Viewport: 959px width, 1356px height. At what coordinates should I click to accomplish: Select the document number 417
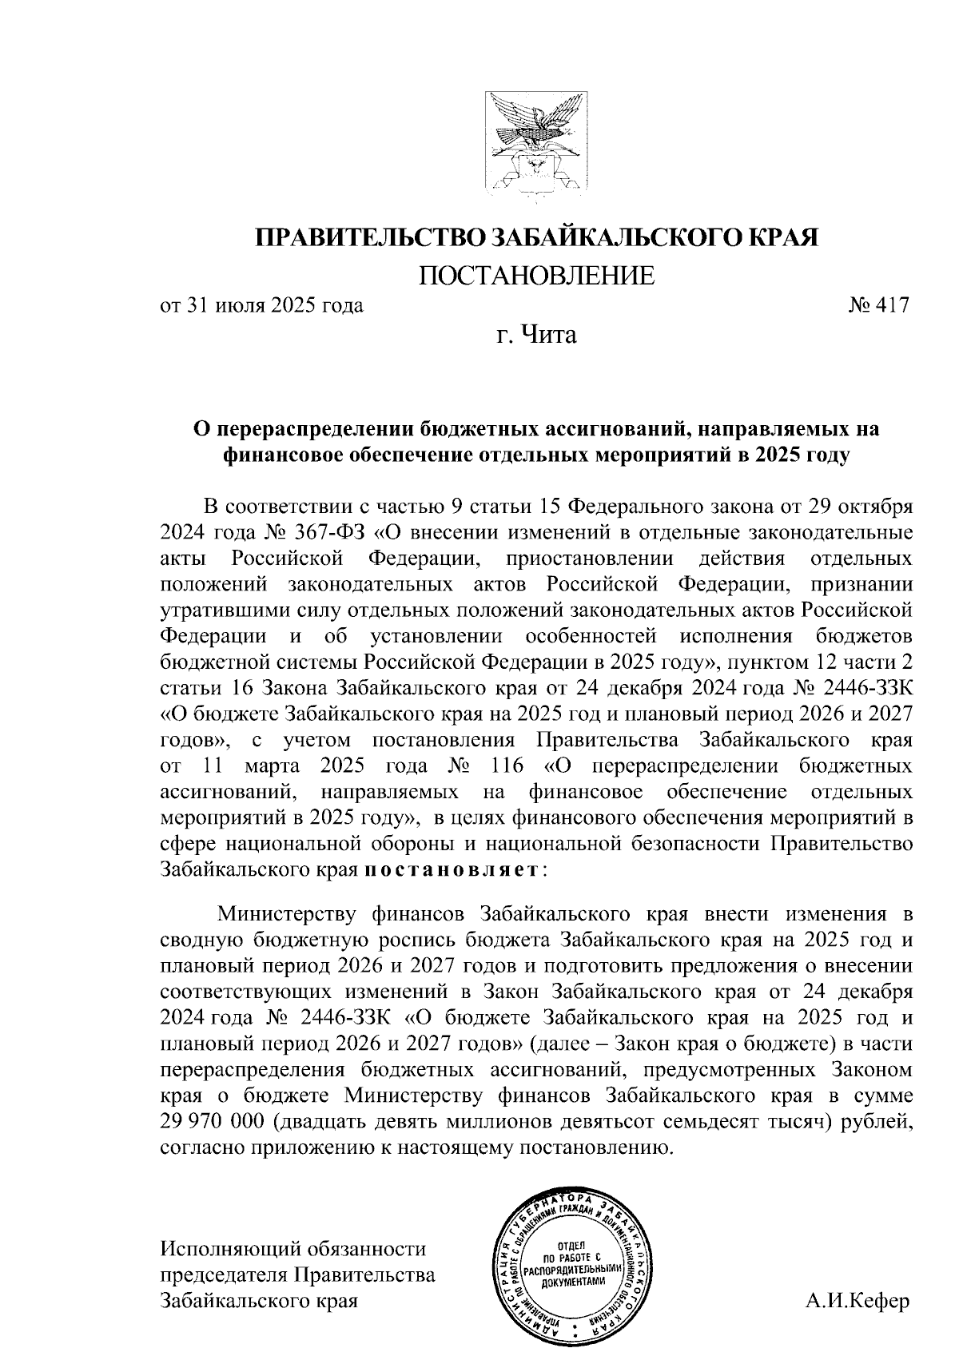tap(891, 305)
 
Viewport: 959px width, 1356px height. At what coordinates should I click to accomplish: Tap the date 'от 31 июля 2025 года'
tap(261, 305)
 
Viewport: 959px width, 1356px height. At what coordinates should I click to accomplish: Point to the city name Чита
tap(547, 334)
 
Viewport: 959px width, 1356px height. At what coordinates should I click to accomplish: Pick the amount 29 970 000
tap(212, 1122)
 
